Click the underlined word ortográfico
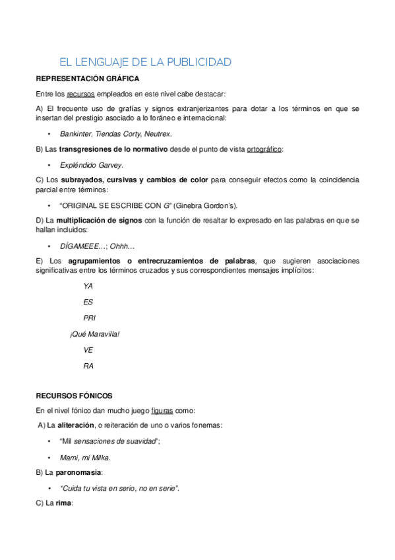tap(264, 149)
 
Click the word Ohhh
tap(121, 246)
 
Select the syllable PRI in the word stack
tap(90, 318)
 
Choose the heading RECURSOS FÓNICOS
tap(74, 396)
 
